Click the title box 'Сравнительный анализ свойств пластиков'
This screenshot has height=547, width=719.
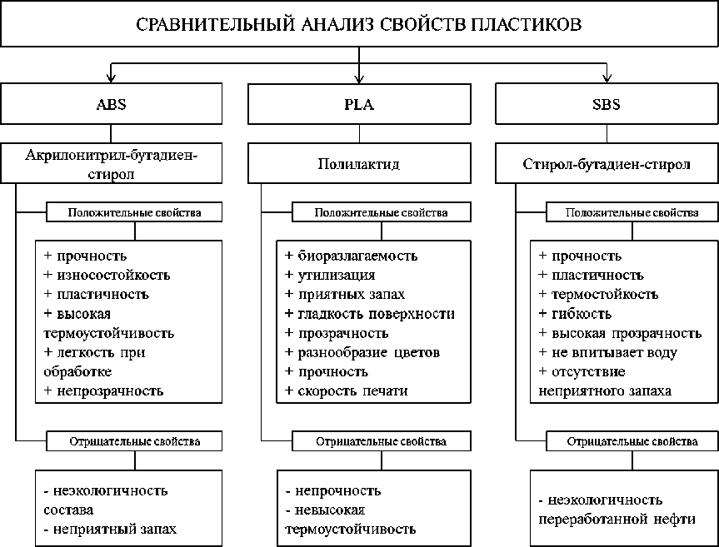359,24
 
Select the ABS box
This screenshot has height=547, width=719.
111,105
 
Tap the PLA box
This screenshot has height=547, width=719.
359,105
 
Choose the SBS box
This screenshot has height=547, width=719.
607,105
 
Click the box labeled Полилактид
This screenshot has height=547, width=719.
359,164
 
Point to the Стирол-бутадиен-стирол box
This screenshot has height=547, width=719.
607,164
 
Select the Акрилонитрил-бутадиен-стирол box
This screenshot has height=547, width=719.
111,163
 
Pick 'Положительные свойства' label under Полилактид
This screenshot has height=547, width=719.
382,212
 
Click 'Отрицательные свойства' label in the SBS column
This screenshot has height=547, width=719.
632,441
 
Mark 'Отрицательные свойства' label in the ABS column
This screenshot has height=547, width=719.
133,441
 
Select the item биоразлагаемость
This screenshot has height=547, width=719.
357,256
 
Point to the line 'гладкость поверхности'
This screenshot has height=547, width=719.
375,314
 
